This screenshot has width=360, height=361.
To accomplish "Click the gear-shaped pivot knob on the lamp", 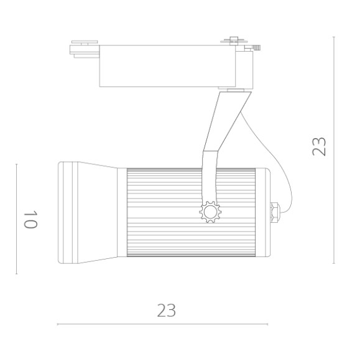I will coord(210,212).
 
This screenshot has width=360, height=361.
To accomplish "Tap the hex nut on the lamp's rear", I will coord(274,211).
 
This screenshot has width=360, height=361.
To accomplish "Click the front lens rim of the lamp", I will coord(66,212).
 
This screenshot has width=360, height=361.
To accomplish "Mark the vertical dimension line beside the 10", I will coord(16,218).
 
